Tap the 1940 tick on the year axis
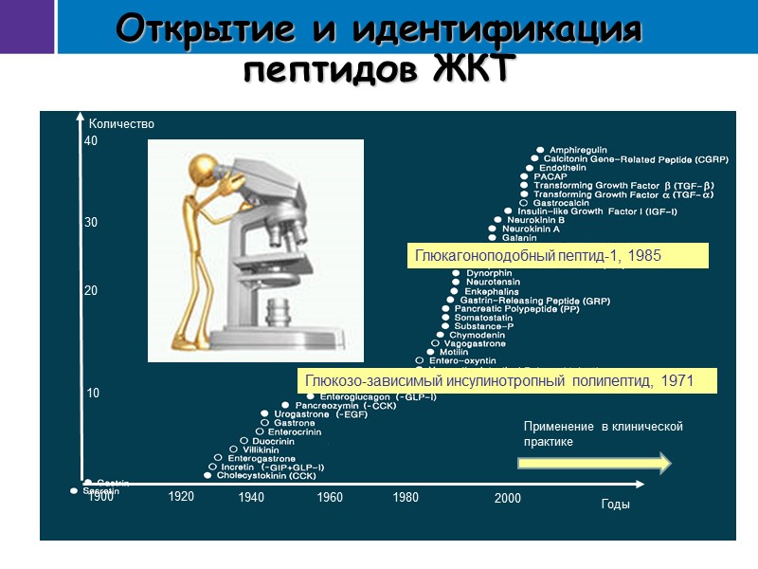(251, 497)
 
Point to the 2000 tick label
(507, 498)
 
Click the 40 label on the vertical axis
(91, 141)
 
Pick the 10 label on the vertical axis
(93, 393)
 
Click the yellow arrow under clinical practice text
(594, 463)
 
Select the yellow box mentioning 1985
(558, 256)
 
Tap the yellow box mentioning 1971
(506, 380)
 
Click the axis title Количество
(120, 124)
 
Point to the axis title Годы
(615, 505)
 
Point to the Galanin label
(519, 238)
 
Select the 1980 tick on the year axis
(406, 497)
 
